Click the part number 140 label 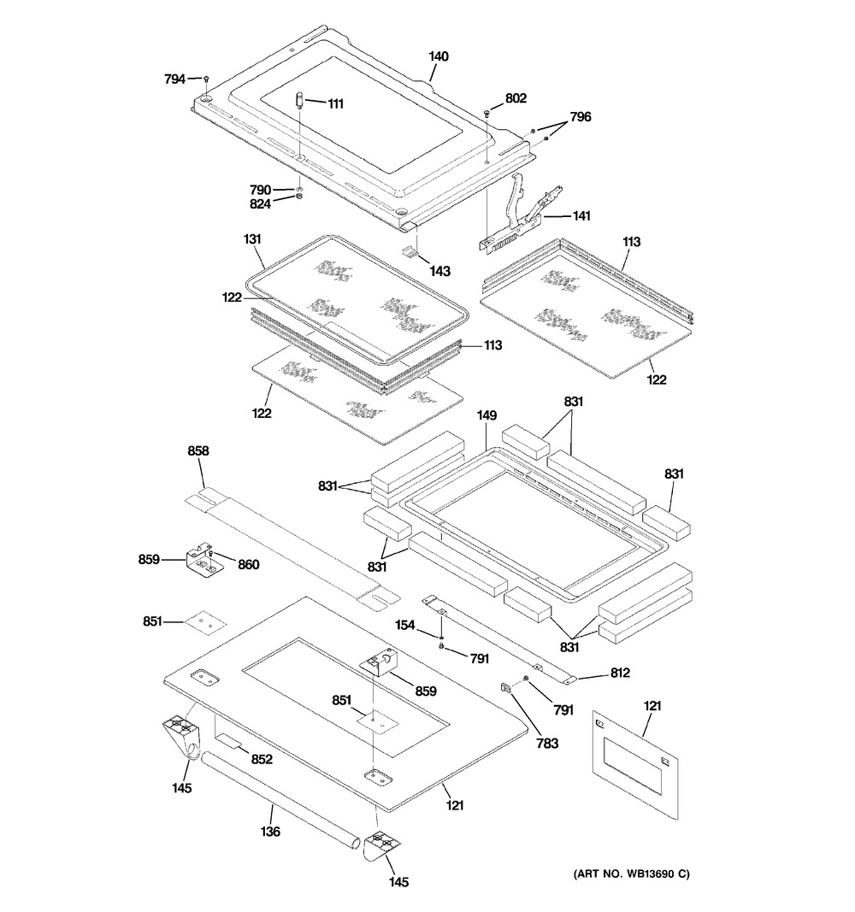[439, 56]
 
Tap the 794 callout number [174, 79]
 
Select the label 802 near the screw [516, 98]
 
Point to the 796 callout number [580, 117]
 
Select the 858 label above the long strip [198, 450]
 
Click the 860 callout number [248, 564]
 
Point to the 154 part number [406, 627]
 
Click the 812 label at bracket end [619, 674]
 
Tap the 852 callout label [261, 758]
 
